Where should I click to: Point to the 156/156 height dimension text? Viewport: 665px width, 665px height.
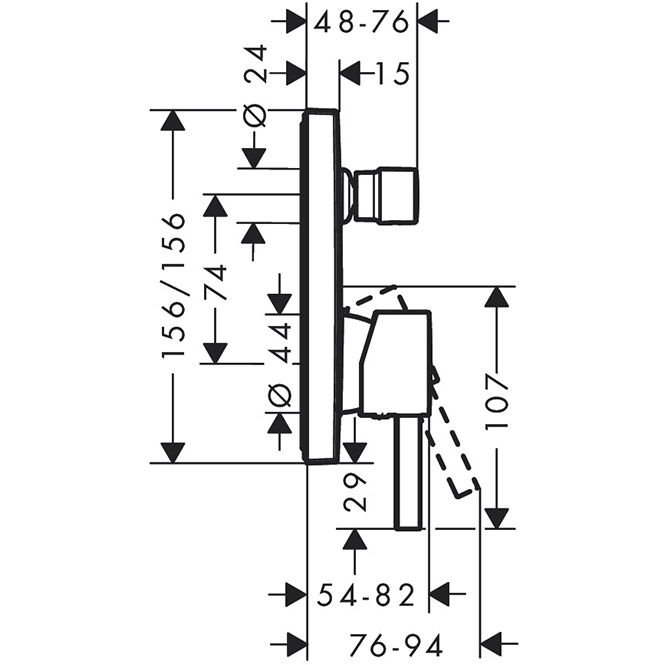click(x=175, y=286)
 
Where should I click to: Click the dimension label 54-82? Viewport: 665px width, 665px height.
click(x=366, y=596)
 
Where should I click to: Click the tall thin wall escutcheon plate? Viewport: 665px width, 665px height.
click(x=322, y=286)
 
